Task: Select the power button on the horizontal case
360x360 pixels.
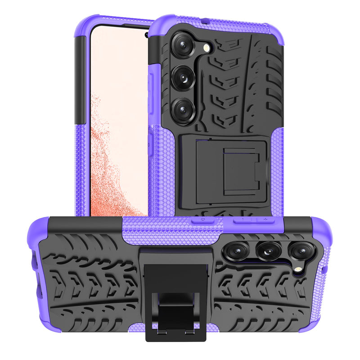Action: (203, 220)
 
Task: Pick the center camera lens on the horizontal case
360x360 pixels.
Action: (269, 251)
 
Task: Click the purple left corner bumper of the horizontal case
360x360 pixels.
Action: (38, 234)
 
